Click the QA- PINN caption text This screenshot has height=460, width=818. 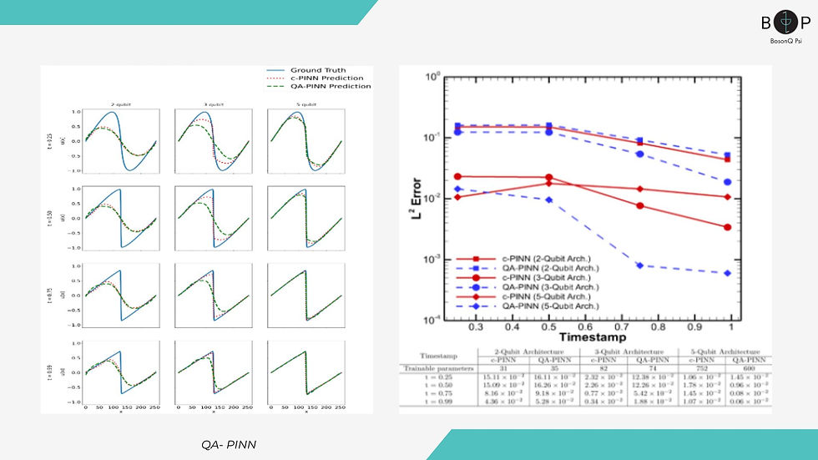[229, 445]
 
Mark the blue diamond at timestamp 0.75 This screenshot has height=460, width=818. [639, 265]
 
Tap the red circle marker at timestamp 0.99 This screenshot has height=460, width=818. [728, 227]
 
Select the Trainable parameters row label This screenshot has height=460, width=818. [440, 368]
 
